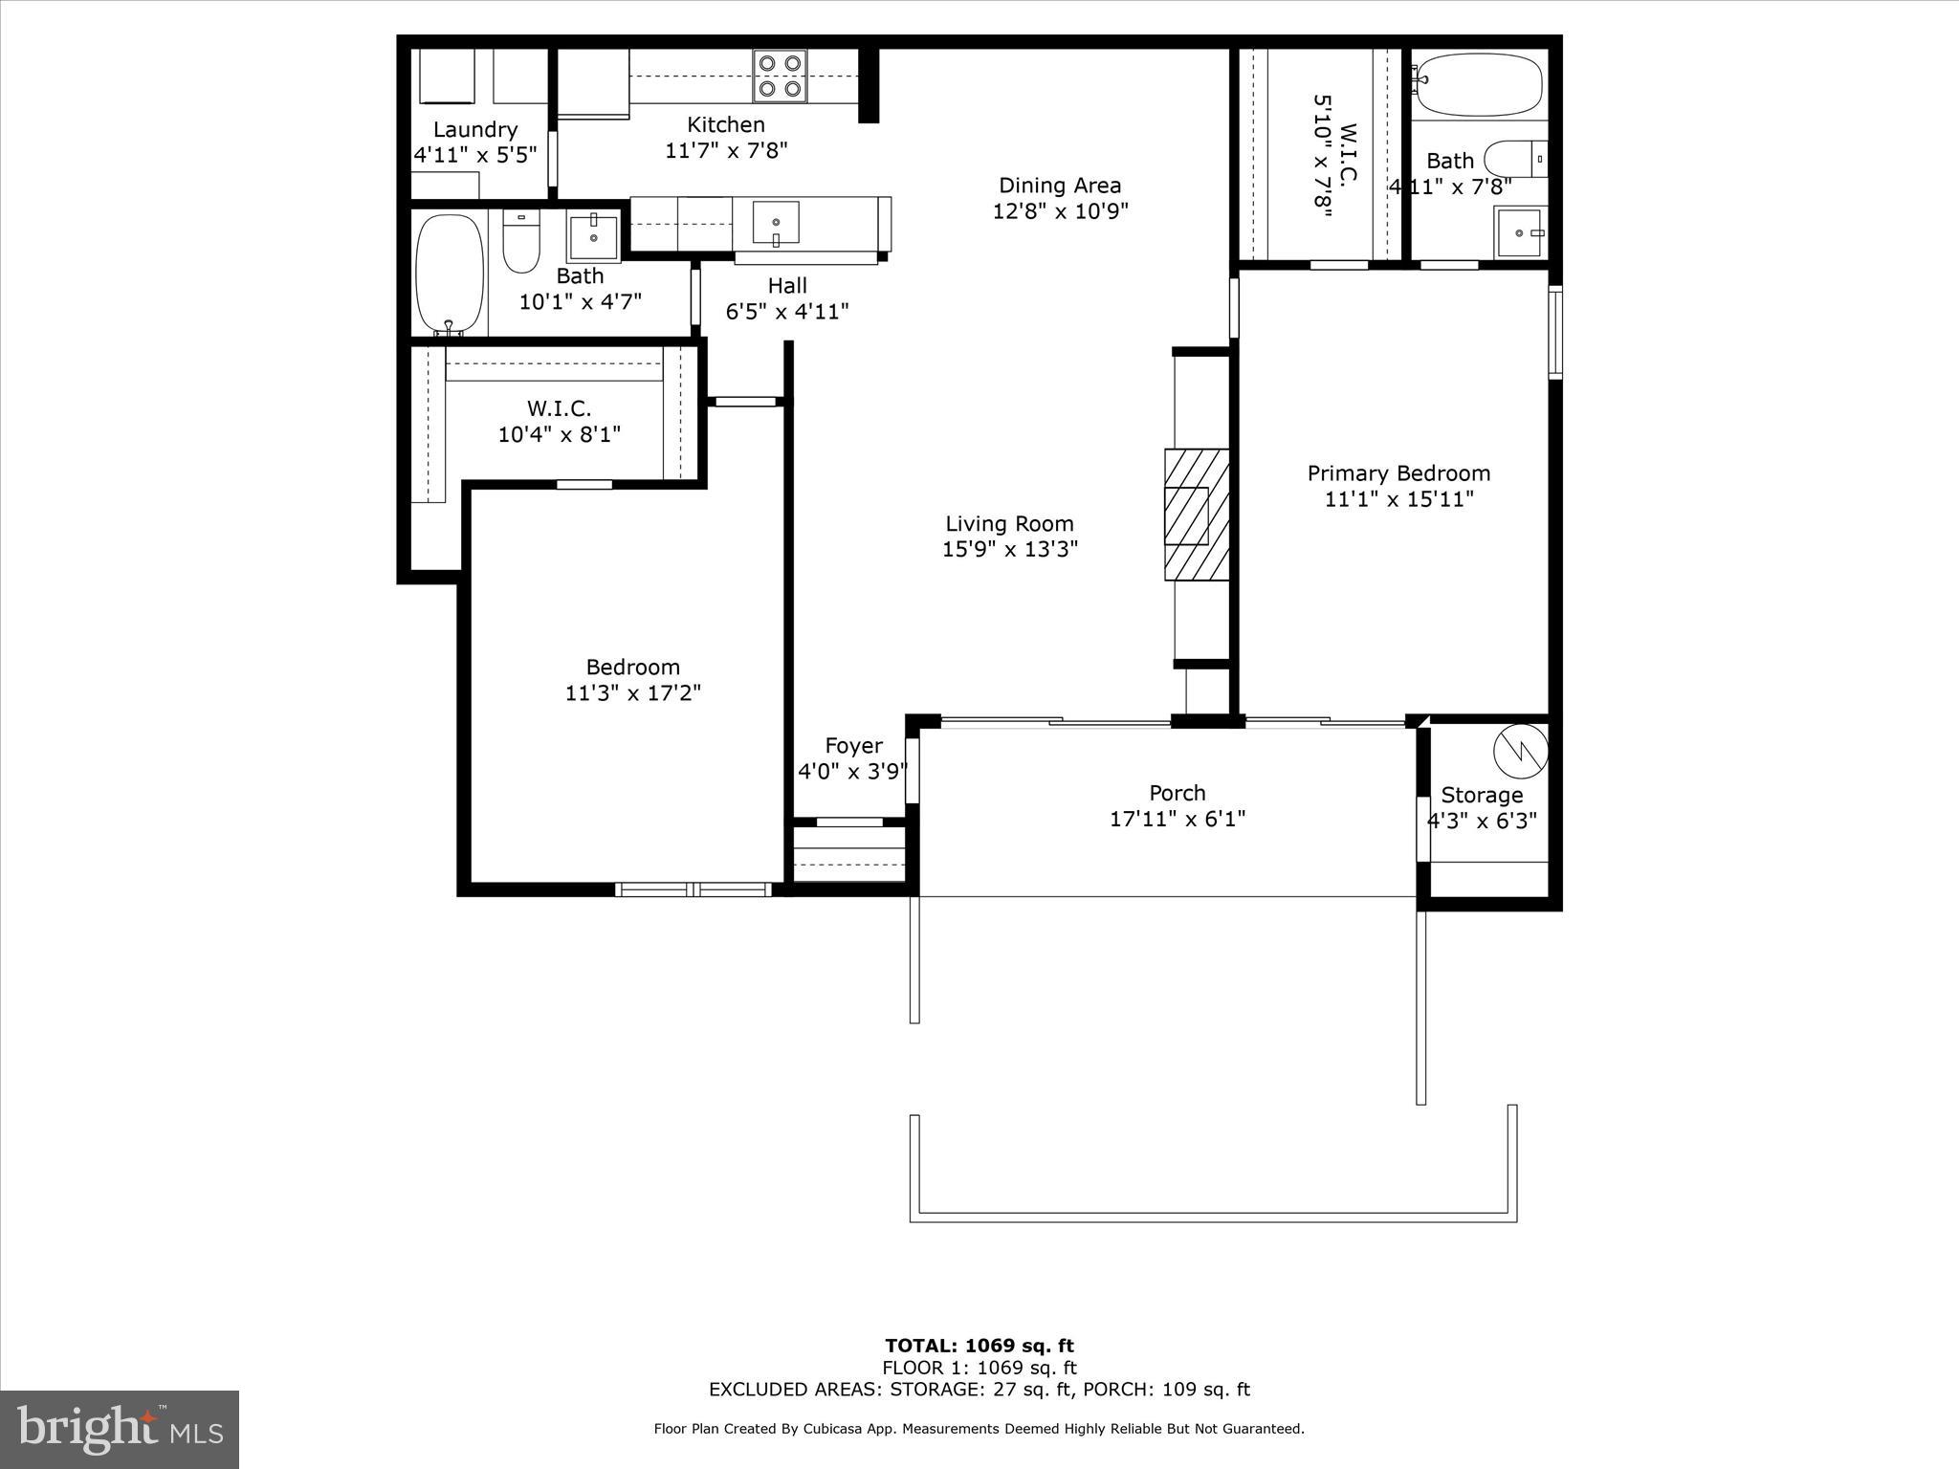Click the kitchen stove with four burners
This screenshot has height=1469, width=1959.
pyautogui.click(x=779, y=77)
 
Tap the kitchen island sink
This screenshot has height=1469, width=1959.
pyautogui.click(x=775, y=224)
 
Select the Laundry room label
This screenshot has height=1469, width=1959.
pyautogui.click(x=475, y=130)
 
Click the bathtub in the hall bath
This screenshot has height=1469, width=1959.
pyautogui.click(x=450, y=274)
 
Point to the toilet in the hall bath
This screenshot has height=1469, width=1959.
pyautogui.click(x=520, y=242)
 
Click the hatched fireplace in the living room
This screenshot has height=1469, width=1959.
pyautogui.click(x=1196, y=515)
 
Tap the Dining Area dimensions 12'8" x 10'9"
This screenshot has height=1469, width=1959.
pyautogui.click(x=1060, y=211)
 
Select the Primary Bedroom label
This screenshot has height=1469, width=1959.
pyautogui.click(x=1398, y=473)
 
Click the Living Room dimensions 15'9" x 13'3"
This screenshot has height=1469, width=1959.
pyautogui.click(x=1010, y=549)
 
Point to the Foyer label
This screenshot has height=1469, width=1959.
pyautogui.click(x=853, y=746)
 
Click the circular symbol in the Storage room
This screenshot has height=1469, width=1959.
pyautogui.click(x=1520, y=751)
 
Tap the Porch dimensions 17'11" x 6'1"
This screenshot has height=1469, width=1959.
pyautogui.click(x=1177, y=820)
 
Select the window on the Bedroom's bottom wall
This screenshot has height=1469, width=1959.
pyautogui.click(x=693, y=890)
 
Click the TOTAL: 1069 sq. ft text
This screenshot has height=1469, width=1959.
pyautogui.click(x=979, y=1347)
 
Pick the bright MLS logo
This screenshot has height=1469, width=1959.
pyautogui.click(x=120, y=1429)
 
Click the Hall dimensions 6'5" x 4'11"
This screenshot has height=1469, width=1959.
pyautogui.click(x=787, y=312)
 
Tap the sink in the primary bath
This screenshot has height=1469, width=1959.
pyautogui.click(x=1519, y=233)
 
